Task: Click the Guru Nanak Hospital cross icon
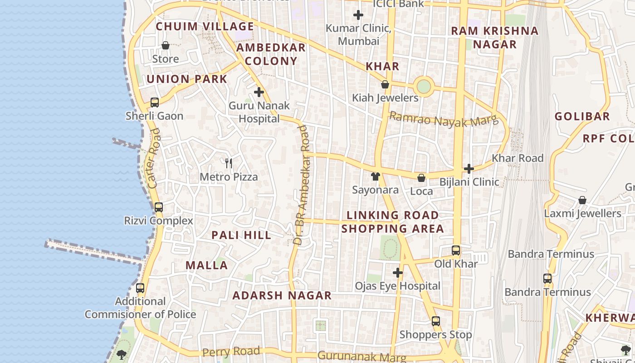259,93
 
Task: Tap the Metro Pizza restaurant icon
229,163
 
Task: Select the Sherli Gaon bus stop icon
155,103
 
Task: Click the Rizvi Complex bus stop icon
158,207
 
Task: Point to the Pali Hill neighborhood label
241,235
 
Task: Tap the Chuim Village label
205,26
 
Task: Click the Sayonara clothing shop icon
375,177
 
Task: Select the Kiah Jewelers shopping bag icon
385,84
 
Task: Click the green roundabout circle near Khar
423,86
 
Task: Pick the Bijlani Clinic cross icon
469,169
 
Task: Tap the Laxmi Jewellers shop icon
582,200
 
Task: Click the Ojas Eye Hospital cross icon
398,273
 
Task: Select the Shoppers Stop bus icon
436,321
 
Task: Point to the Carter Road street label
154,159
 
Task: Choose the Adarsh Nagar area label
282,296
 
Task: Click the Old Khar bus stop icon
456,250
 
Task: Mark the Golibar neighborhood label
582,117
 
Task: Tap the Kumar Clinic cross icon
358,15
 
